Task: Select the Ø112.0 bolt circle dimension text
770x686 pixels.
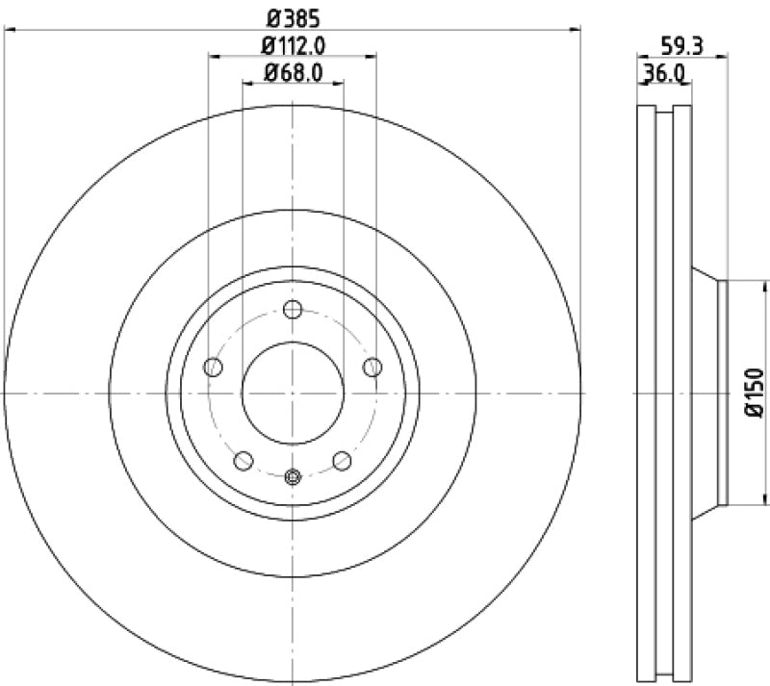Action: click(x=293, y=44)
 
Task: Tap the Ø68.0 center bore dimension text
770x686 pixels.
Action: click(x=293, y=71)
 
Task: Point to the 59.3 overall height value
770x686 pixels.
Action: click(x=680, y=44)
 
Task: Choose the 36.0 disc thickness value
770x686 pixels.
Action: click(x=664, y=72)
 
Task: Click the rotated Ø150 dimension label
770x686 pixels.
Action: click(x=754, y=393)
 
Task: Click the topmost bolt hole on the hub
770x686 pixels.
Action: click(x=294, y=310)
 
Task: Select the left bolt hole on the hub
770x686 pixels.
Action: click(x=214, y=367)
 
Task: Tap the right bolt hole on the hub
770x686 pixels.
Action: click(x=373, y=367)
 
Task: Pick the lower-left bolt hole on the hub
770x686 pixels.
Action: click(x=244, y=460)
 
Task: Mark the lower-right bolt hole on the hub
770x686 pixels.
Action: click(x=342, y=460)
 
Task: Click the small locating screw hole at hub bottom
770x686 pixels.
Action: click(x=294, y=474)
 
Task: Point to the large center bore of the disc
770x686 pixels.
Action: click(x=294, y=393)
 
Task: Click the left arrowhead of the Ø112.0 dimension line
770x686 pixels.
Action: click(x=214, y=57)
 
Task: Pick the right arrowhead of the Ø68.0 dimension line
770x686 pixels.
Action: click(x=340, y=84)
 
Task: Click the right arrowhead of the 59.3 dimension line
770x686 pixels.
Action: click(x=723, y=58)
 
